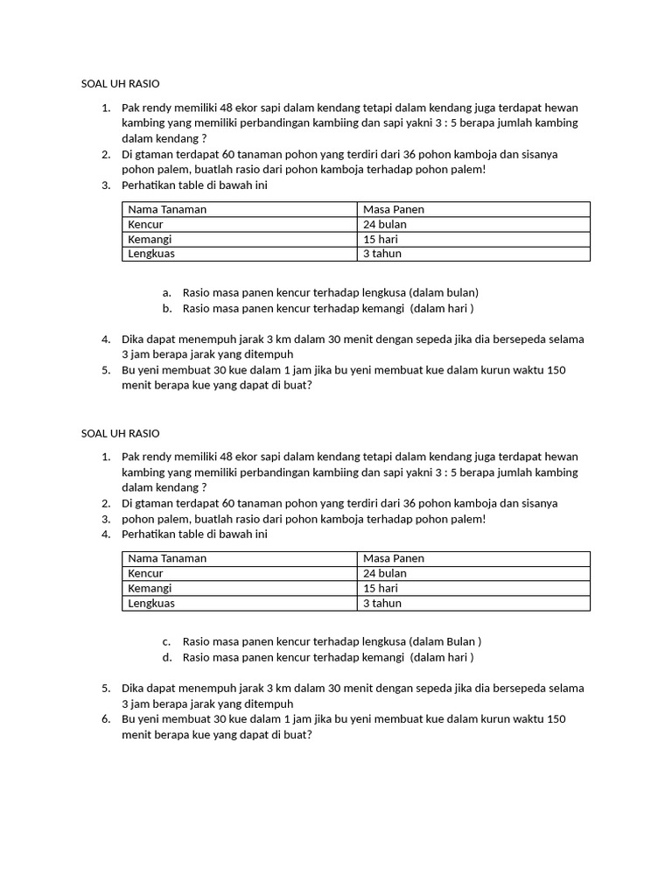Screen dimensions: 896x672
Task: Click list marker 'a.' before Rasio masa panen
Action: click(x=166, y=293)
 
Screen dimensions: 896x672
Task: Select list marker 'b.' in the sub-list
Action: click(x=166, y=309)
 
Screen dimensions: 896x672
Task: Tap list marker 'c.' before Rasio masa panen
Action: click(x=166, y=641)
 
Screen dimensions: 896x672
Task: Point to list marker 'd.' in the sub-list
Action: click(x=166, y=657)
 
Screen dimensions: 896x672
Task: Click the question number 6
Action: click(x=105, y=719)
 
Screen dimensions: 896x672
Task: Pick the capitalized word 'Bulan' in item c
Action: click(x=461, y=641)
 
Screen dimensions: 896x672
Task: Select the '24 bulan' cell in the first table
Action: click(x=384, y=224)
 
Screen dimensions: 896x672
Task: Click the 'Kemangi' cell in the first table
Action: click(x=150, y=239)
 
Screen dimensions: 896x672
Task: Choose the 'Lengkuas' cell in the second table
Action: click(x=151, y=604)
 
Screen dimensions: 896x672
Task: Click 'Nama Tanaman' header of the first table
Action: click(x=167, y=209)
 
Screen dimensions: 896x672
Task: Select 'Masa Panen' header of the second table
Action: click(x=393, y=558)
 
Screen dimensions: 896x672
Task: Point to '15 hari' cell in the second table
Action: click(x=380, y=589)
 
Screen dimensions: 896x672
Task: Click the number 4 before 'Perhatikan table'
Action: click(x=105, y=534)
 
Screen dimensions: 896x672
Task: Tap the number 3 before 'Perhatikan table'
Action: click(x=105, y=185)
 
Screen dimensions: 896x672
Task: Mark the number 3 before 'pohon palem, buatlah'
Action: click(x=105, y=519)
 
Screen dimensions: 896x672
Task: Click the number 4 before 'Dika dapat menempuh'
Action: click(x=105, y=339)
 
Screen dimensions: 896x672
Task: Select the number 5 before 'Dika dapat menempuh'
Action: click(x=105, y=689)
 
